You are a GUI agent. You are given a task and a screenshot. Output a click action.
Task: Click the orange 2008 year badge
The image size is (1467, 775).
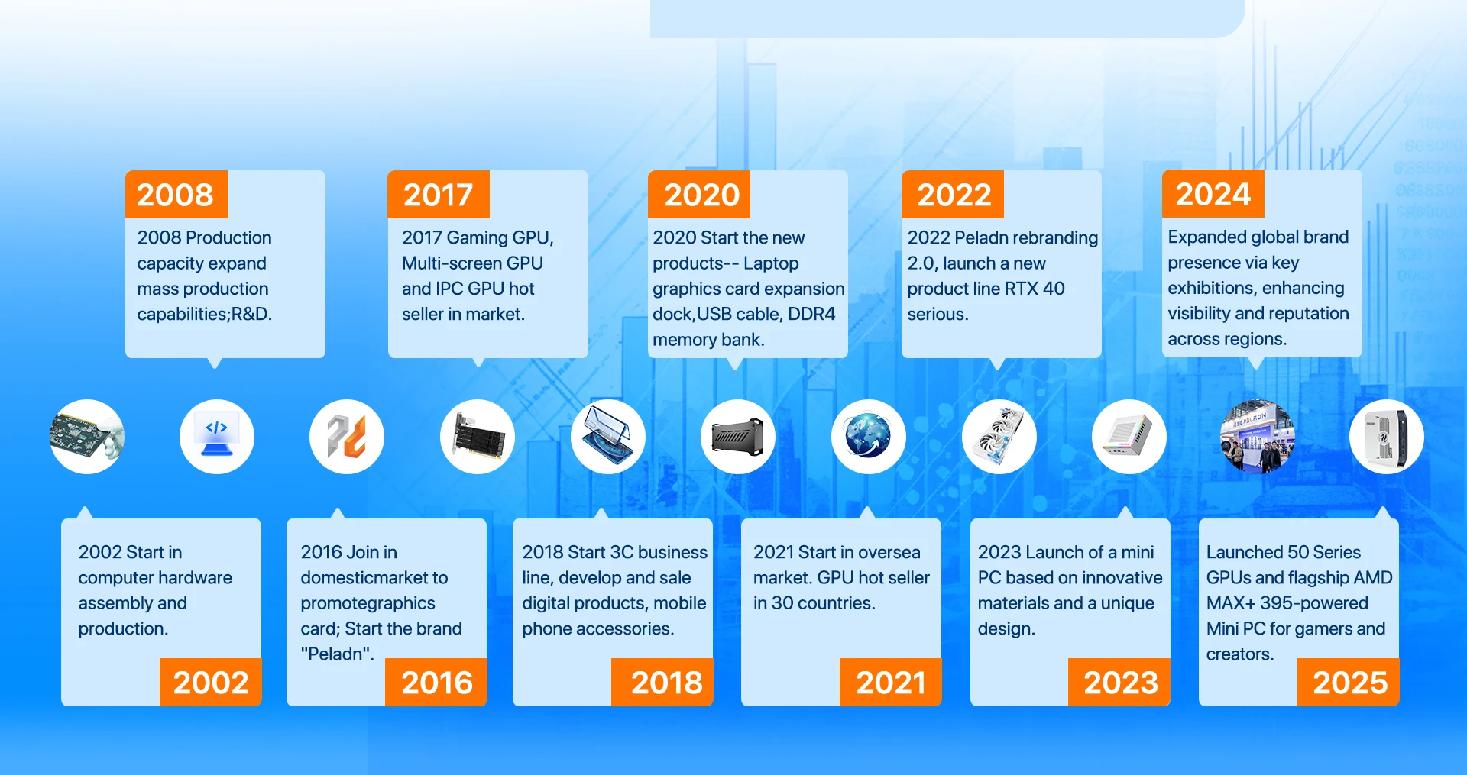click(176, 194)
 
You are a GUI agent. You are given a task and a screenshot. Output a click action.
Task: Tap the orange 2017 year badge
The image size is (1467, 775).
click(439, 194)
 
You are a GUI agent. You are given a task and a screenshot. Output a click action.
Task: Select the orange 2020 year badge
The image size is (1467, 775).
click(699, 194)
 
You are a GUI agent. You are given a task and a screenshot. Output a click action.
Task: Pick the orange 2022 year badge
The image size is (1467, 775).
click(953, 194)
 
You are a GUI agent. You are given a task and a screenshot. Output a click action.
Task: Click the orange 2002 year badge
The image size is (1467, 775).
click(211, 682)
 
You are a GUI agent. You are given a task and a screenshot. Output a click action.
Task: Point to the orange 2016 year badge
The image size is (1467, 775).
click(436, 682)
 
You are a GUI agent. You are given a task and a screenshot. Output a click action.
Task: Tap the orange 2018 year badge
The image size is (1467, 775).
click(662, 682)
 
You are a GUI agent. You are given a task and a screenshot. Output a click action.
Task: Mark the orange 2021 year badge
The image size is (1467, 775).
click(891, 682)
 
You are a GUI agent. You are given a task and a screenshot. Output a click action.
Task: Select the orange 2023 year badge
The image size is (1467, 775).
click(1119, 682)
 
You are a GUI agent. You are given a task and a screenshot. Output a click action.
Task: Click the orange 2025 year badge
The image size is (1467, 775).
click(1349, 682)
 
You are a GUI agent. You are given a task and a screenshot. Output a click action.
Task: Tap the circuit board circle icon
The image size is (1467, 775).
click(87, 437)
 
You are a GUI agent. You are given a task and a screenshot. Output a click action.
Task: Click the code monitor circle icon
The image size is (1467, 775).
click(217, 437)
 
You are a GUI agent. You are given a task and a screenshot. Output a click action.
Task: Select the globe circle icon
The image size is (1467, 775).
click(869, 437)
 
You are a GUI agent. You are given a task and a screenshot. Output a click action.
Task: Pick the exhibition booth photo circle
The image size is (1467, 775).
click(1258, 437)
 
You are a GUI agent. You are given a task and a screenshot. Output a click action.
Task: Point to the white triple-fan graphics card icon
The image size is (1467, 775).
click(999, 437)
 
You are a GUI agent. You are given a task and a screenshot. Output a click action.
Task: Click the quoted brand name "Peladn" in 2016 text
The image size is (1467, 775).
click(337, 654)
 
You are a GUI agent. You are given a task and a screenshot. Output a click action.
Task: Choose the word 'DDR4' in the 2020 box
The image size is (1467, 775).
click(811, 314)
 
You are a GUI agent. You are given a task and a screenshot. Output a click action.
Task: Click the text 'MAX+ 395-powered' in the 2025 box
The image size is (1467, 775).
click(1287, 603)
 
